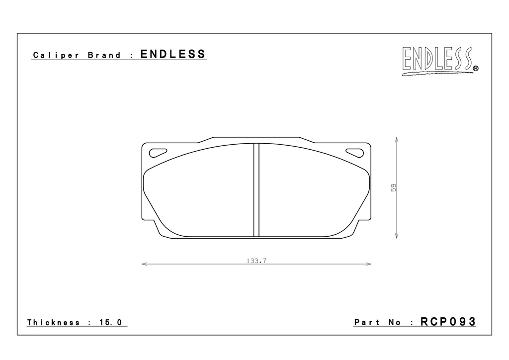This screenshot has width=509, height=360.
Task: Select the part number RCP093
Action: point(448,322)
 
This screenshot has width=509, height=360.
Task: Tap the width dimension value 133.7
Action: point(256,261)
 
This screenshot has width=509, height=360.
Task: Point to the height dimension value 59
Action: point(394,187)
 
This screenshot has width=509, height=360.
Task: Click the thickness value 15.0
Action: point(110,322)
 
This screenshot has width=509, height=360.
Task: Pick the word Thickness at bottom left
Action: point(53,322)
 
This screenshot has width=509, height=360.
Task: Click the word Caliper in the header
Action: point(56,55)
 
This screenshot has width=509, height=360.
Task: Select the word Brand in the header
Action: point(104,55)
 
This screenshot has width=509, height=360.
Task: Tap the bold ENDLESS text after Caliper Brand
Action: point(173,54)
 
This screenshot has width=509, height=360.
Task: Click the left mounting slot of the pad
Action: point(158,153)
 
